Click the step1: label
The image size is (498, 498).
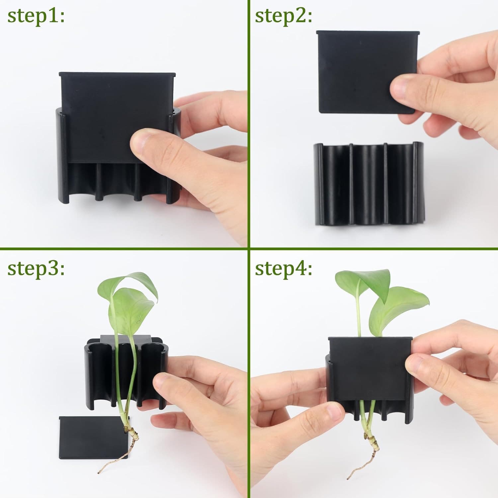point(36,16)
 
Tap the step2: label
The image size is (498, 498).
point(283,16)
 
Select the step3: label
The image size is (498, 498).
point(36,268)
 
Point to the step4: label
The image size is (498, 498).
point(283,268)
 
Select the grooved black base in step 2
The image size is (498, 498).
point(369,184)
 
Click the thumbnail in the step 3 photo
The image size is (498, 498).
point(160,380)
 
